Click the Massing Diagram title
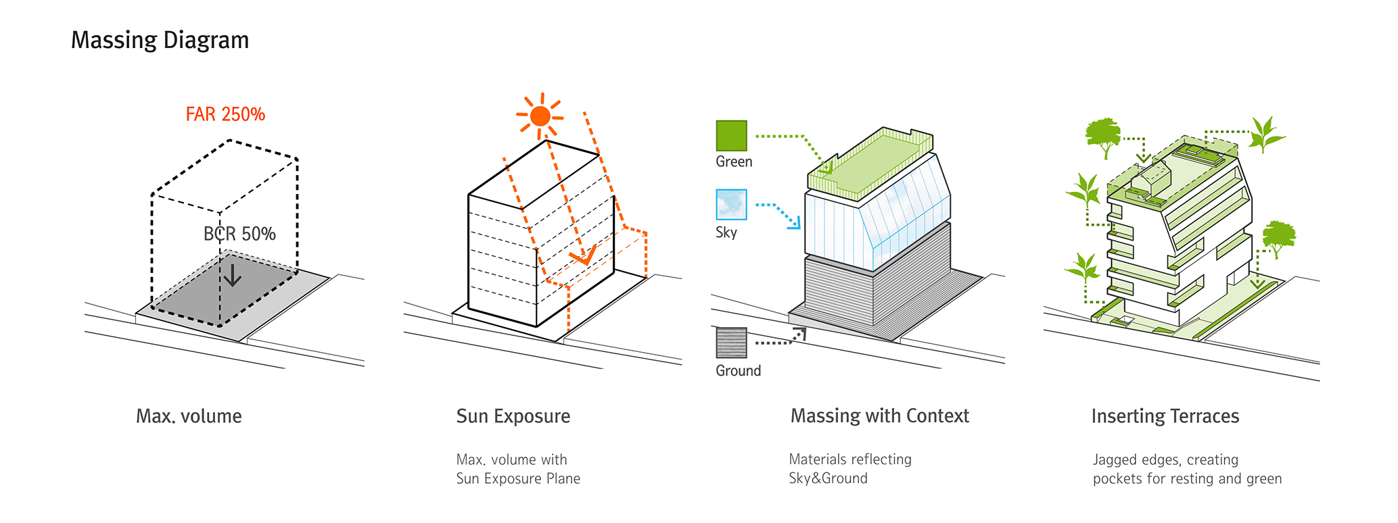pos(160,41)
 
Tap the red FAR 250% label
pos(225,114)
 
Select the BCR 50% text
pos(239,234)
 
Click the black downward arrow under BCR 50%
pos(233,275)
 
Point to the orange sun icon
pos(540,116)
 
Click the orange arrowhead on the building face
pos(583,255)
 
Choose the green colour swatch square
pos(732,136)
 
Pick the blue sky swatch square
pos(732,205)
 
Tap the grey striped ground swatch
pos(732,343)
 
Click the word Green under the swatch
pos(734,162)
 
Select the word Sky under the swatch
pos(726,232)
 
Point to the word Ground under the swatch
pos(739,371)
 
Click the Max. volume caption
pos(189,416)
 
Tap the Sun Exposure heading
pos(513,416)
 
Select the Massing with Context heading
pos(880,416)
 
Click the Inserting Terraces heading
pos(1165,416)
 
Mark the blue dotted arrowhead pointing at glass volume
pos(796,223)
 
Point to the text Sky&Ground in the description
pos(828,478)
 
